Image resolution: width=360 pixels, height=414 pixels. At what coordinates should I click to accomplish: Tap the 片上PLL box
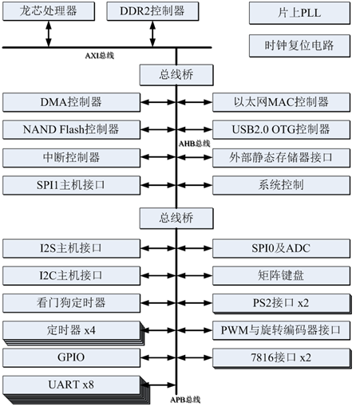click(298, 14)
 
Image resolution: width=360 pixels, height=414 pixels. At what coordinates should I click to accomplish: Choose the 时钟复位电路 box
click(298, 45)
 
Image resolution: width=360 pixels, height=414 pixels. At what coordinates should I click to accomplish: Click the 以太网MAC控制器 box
click(281, 102)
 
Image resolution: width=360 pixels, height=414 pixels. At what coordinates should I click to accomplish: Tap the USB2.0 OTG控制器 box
click(281, 129)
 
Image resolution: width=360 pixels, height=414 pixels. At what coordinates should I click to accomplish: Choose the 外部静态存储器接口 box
click(281, 157)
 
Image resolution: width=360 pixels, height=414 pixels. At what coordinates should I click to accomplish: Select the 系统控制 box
click(281, 185)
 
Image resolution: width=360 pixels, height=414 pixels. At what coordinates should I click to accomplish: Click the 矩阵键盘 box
click(281, 275)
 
